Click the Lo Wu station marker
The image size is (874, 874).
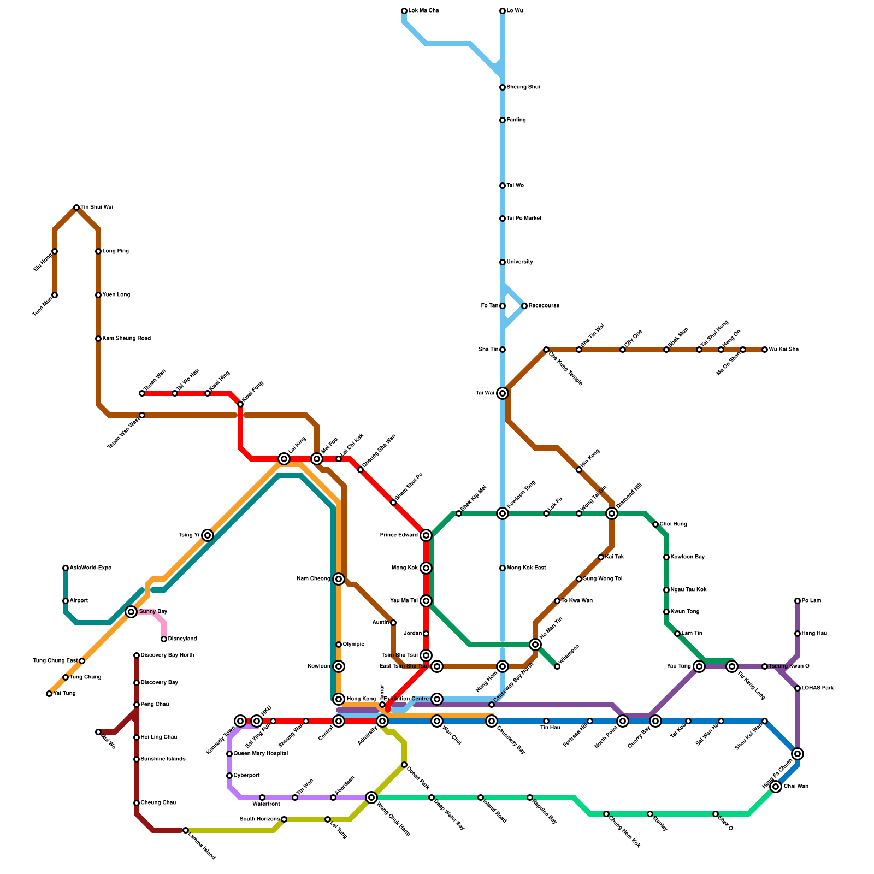tap(503, 11)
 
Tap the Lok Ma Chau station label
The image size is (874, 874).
tap(423, 11)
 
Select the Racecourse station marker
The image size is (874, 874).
tap(524, 306)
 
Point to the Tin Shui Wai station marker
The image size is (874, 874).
tap(76, 208)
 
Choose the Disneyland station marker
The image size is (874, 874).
tap(164, 639)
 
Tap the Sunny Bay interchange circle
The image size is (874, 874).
tap(131, 612)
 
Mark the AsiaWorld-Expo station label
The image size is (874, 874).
tap(90, 568)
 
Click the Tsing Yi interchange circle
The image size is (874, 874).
tap(208, 535)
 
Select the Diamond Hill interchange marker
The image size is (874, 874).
tap(612, 513)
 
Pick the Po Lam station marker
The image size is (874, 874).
tap(798, 601)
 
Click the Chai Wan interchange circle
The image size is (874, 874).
tap(776, 787)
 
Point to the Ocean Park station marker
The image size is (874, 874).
tap(404, 765)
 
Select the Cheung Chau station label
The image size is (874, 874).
tap(158, 803)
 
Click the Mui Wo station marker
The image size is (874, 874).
tap(98, 732)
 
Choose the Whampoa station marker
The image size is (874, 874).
tap(557, 666)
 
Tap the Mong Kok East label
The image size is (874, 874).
tap(526, 568)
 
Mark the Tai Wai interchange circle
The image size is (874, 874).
tap(503, 393)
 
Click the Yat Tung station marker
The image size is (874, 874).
tap(49, 694)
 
